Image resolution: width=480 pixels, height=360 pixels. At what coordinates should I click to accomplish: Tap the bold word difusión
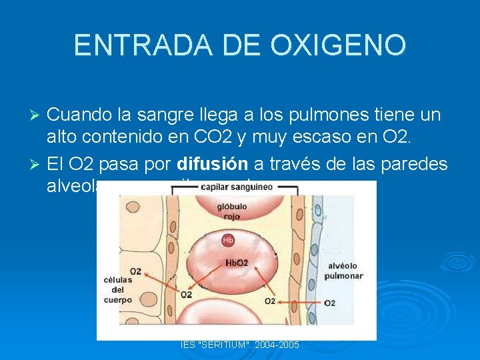(x=212, y=164)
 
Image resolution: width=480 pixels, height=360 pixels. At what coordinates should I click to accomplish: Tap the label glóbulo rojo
(x=232, y=211)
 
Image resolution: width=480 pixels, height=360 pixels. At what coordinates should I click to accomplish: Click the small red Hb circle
(x=228, y=240)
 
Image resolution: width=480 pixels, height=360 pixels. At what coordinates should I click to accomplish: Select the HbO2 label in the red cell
(x=237, y=263)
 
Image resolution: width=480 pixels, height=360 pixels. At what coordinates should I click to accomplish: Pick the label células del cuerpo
(x=117, y=289)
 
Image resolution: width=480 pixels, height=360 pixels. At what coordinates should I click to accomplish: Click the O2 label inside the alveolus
(x=329, y=303)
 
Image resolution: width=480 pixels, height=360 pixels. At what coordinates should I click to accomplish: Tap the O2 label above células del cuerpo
(x=135, y=271)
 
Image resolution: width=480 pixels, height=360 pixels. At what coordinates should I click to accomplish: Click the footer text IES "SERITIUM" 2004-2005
(x=240, y=345)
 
